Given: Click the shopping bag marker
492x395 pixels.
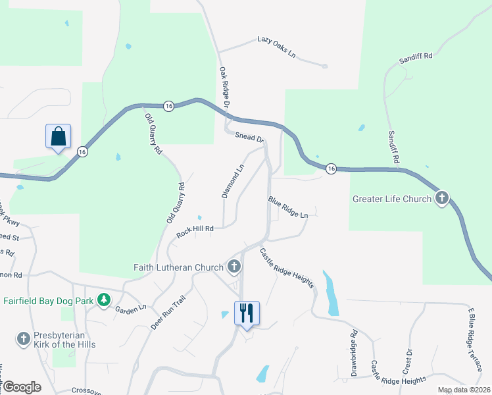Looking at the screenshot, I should point(59,137).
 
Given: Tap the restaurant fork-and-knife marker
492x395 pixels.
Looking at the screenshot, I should point(247,313).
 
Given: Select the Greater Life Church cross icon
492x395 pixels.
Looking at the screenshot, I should point(441,198).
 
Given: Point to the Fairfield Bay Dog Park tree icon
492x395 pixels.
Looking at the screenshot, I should point(103,300).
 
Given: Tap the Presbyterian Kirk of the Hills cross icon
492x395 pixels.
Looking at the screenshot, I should point(23,339).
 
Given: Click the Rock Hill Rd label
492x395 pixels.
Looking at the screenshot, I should point(195,232).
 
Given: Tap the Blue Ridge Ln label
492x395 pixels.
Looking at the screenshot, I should point(287,207).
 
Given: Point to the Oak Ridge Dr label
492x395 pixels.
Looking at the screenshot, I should point(224,87).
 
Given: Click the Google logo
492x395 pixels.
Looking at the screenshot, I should point(22,387).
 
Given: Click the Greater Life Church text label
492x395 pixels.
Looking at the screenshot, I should point(392,199).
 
